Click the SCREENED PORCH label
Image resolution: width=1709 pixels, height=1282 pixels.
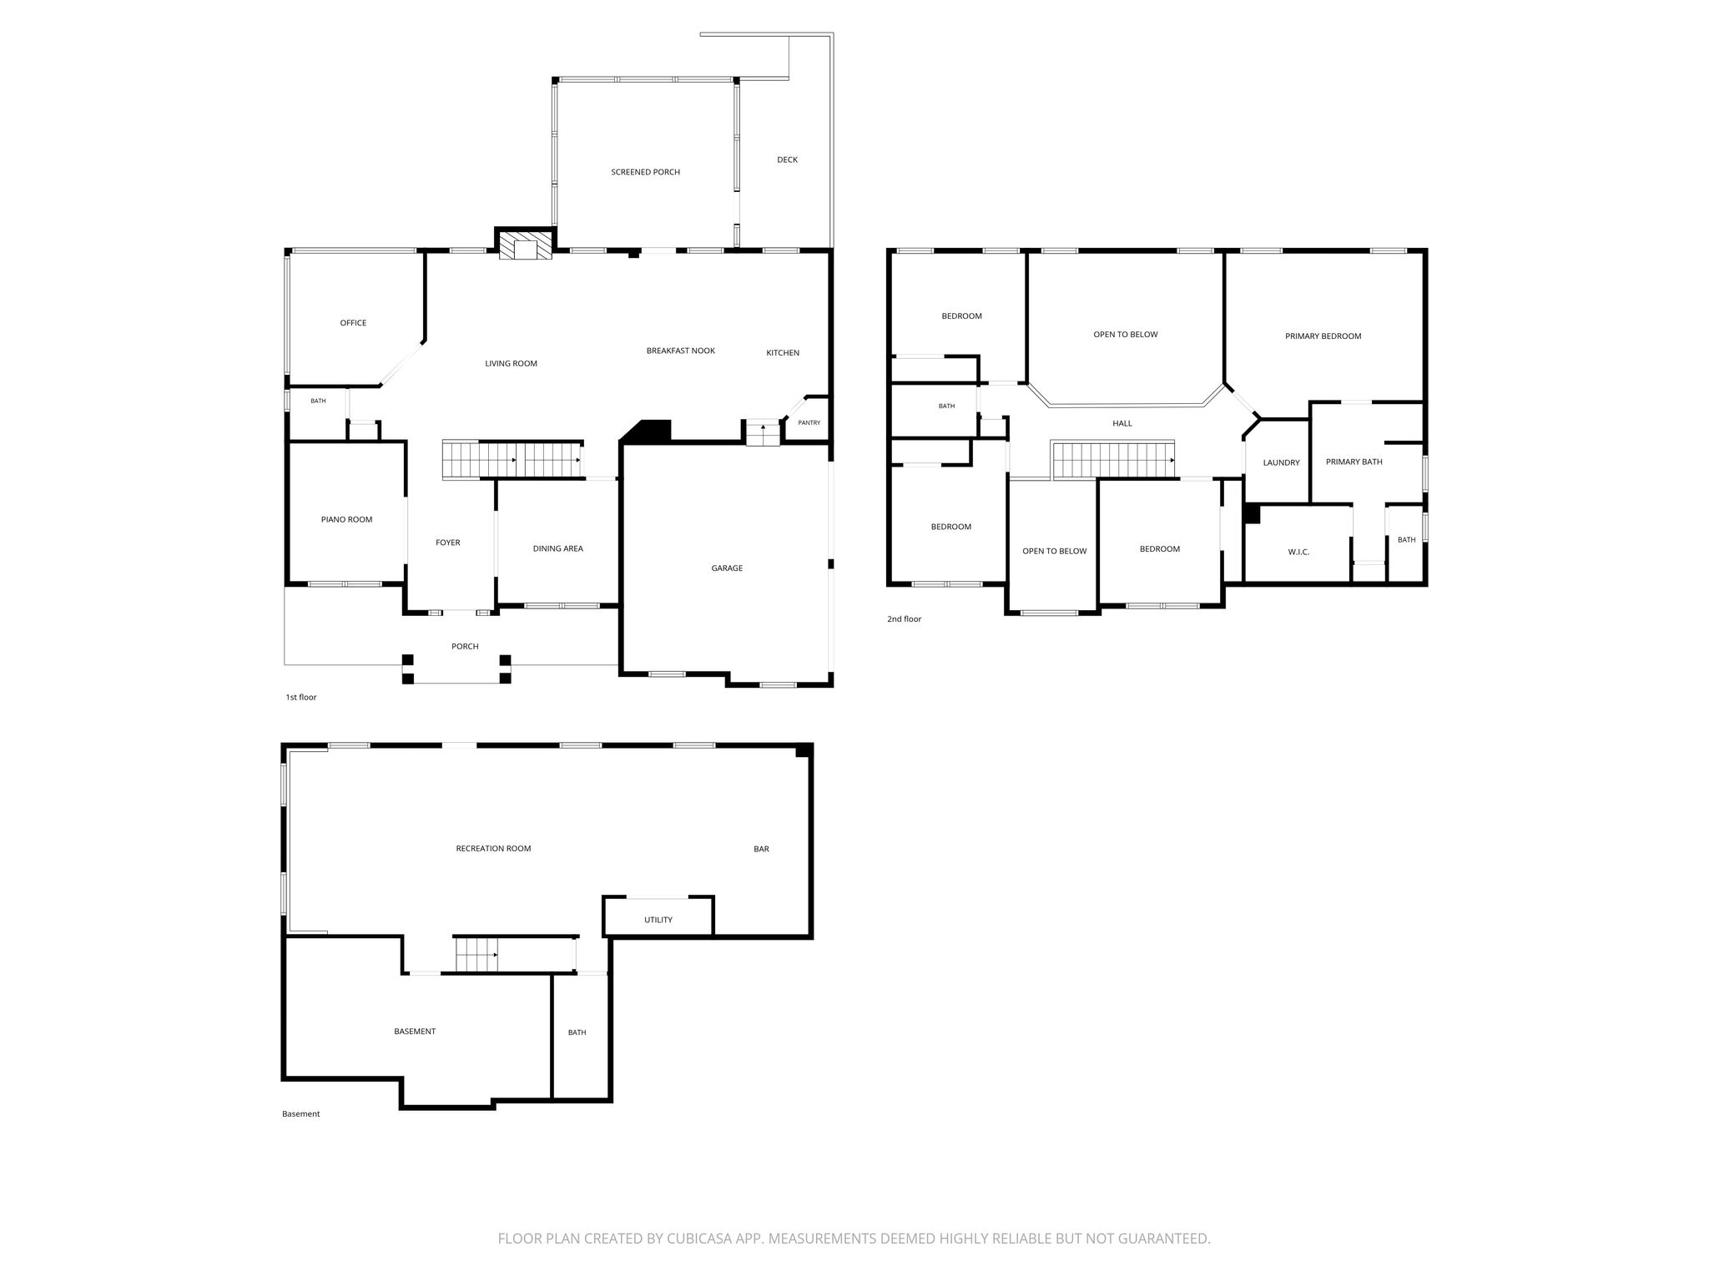pyautogui.click(x=645, y=172)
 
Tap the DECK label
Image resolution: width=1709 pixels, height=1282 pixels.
pyautogui.click(x=787, y=159)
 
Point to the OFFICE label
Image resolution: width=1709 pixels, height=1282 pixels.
pyautogui.click(x=353, y=323)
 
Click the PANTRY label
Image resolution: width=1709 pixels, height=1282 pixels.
pyautogui.click(x=809, y=423)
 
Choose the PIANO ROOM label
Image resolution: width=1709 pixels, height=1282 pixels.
pyautogui.click(x=346, y=519)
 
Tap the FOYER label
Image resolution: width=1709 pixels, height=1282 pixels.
pyautogui.click(x=448, y=543)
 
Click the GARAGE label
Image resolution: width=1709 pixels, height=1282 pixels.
pyautogui.click(x=727, y=568)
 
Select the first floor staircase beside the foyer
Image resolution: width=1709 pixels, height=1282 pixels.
pyautogui.click(x=512, y=460)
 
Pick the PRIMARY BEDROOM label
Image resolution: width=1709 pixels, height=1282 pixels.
pyautogui.click(x=1323, y=336)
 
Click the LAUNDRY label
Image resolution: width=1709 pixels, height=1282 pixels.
pyautogui.click(x=1281, y=462)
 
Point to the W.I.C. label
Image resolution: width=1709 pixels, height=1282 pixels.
pyautogui.click(x=1298, y=552)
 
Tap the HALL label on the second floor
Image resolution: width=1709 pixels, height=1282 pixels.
pyautogui.click(x=1122, y=423)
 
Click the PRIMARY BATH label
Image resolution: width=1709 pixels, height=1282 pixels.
pyautogui.click(x=1354, y=462)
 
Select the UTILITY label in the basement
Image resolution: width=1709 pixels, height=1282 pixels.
pyautogui.click(x=658, y=920)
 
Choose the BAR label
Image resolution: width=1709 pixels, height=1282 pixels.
pyautogui.click(x=761, y=849)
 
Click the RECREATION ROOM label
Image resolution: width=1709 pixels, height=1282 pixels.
pyautogui.click(x=493, y=849)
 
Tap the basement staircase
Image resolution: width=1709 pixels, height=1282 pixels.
pyautogui.click(x=476, y=954)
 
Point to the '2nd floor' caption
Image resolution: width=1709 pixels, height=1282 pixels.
pyautogui.click(x=904, y=619)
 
